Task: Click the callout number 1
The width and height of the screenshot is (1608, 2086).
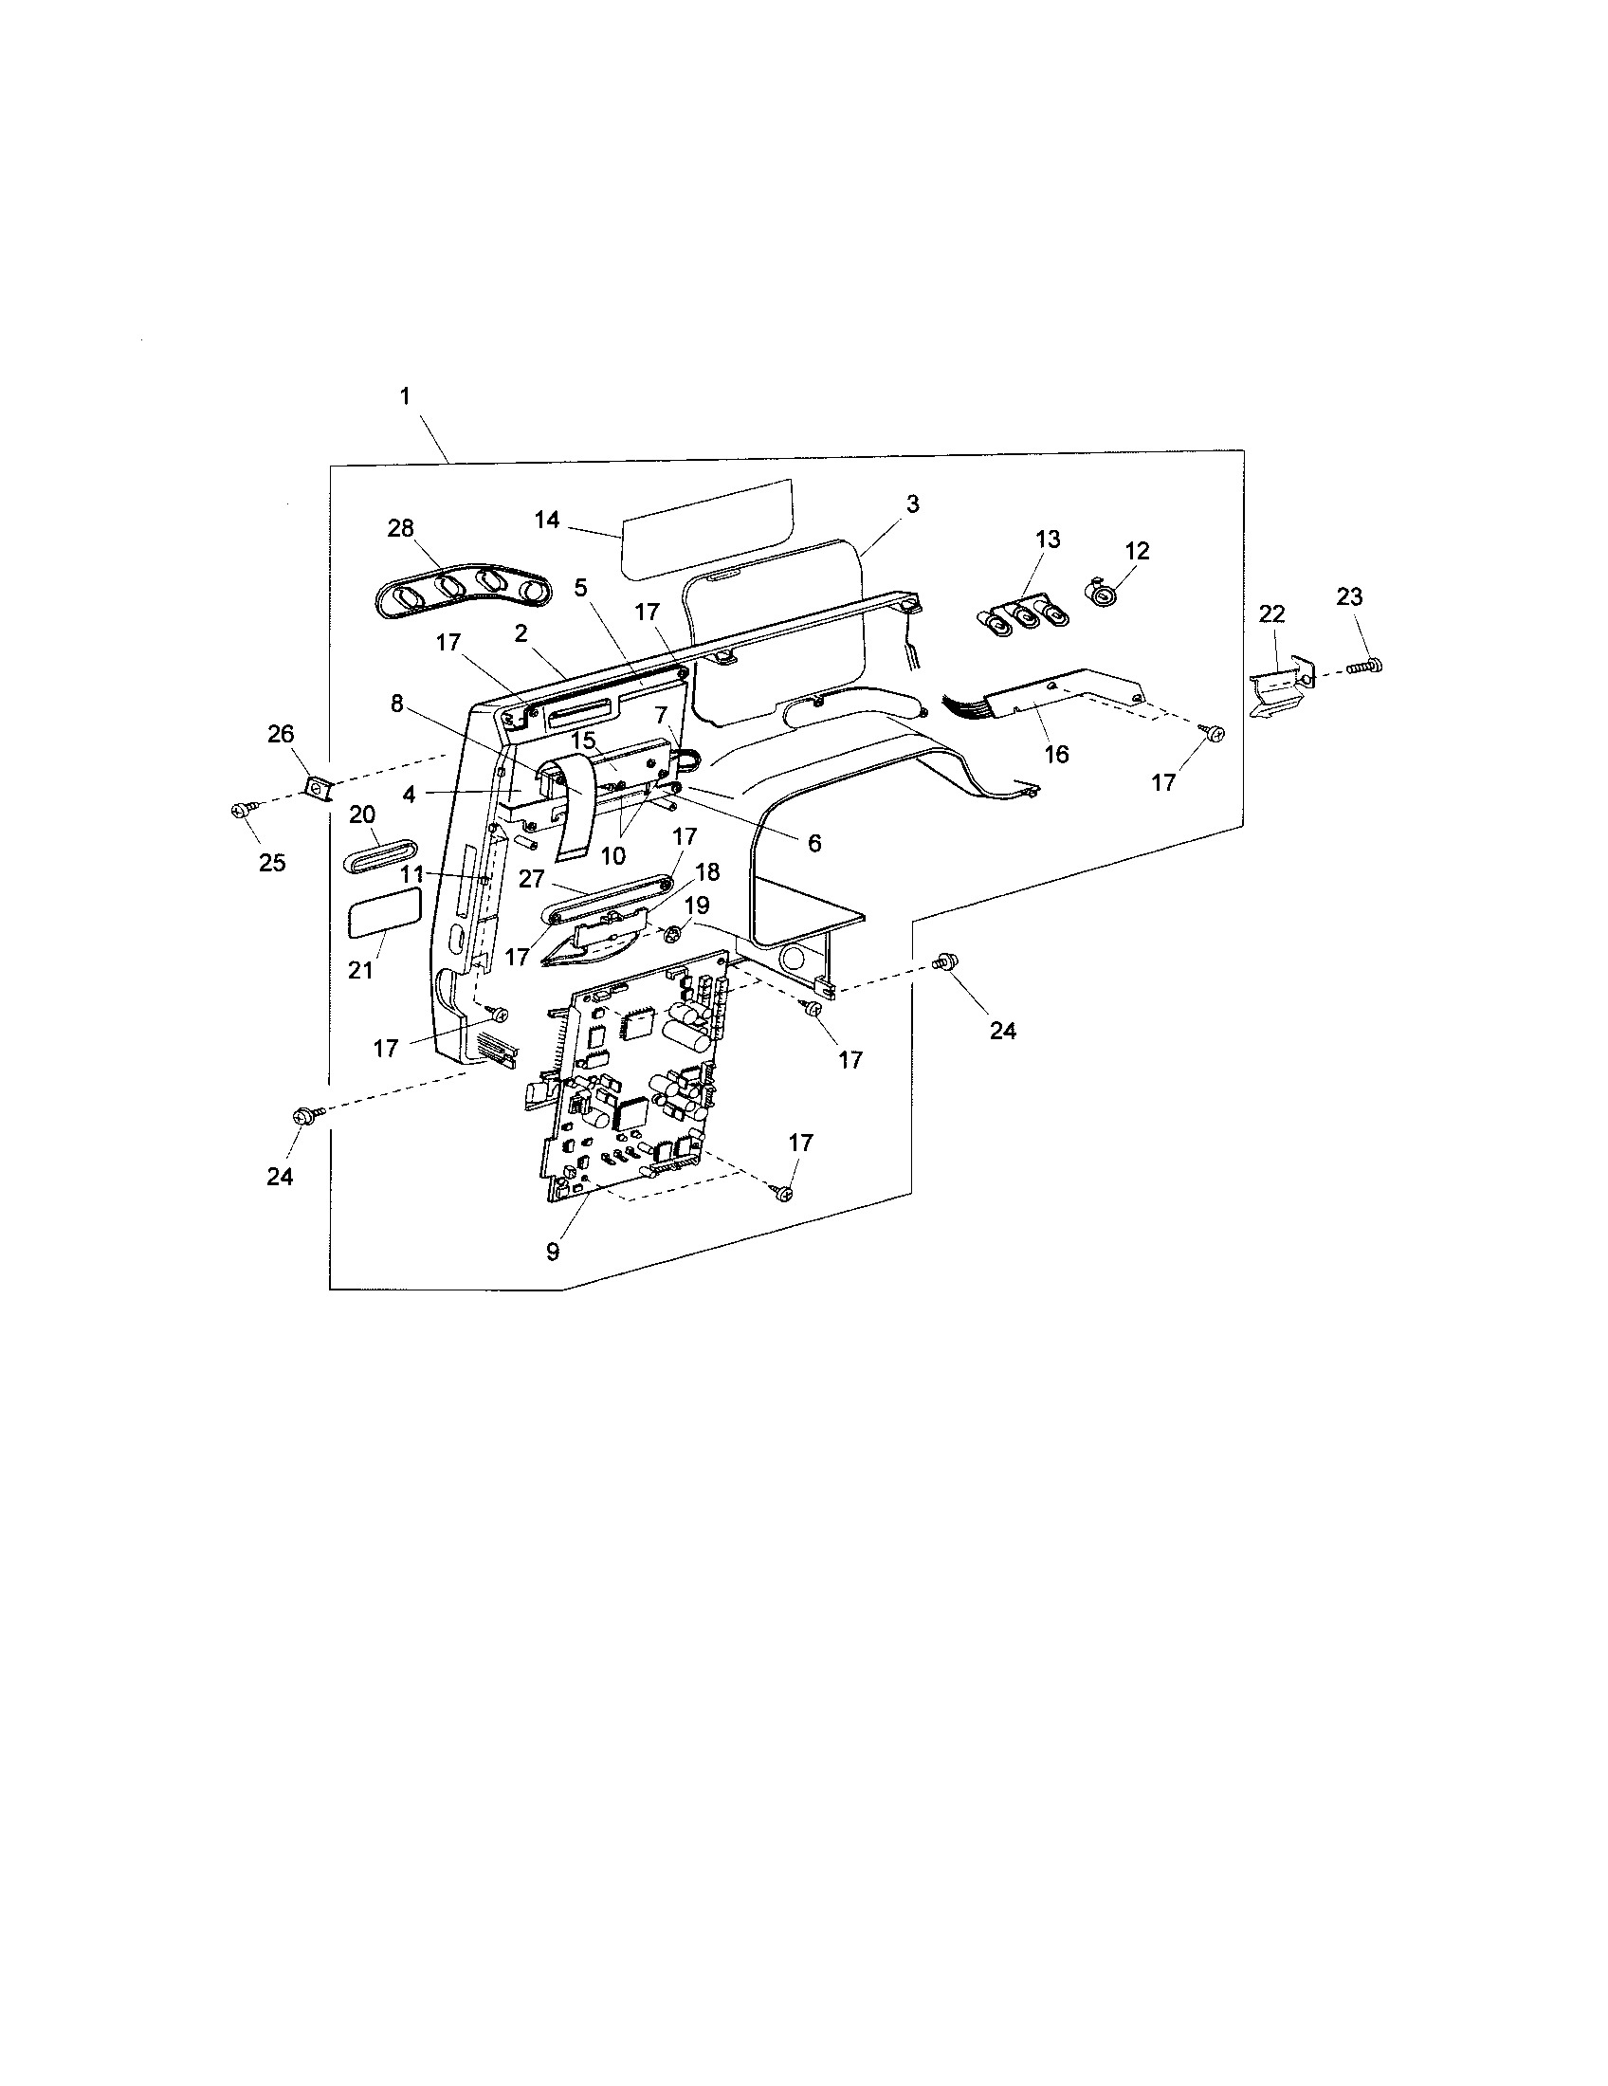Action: coord(405,395)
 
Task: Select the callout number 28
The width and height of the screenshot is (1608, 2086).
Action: coord(400,528)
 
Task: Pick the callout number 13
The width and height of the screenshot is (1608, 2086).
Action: coord(1048,539)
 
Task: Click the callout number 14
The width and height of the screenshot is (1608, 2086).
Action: coord(547,520)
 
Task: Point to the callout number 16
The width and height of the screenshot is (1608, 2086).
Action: coord(1056,755)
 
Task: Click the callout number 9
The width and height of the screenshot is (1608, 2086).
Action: coord(553,1252)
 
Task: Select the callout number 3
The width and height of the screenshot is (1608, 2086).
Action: coord(913,504)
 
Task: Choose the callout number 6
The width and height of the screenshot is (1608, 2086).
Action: coord(814,842)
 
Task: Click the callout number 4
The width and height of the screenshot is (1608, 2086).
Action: coord(409,794)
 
